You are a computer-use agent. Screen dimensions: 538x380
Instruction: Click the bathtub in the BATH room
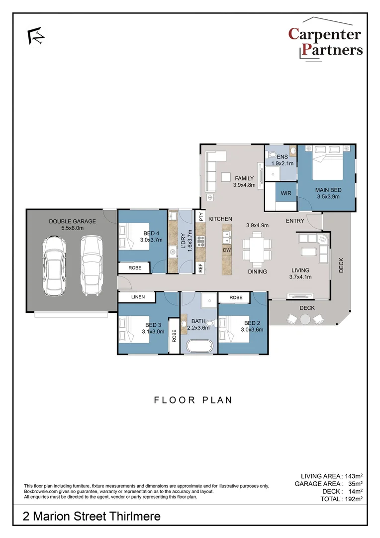pos(198,346)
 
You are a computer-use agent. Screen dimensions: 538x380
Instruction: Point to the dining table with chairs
pos(257,248)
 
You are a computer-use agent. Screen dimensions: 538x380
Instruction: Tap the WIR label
pos(285,193)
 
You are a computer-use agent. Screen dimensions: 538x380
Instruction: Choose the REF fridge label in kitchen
pos(201,268)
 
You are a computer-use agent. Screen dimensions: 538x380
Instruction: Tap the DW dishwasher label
pos(226,250)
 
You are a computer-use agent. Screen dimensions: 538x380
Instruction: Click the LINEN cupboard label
pos(138,297)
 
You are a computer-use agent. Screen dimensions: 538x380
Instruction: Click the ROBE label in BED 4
pos(135,268)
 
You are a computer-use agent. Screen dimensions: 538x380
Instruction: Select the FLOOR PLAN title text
pos(193,400)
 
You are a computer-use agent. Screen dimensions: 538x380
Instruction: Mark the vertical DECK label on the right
pos(341,265)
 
